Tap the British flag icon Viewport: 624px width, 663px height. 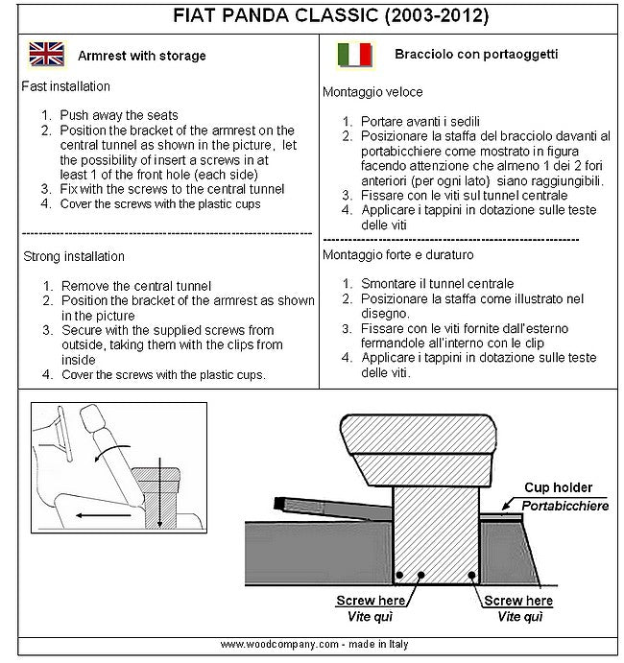(46, 54)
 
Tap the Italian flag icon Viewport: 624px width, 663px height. (354, 55)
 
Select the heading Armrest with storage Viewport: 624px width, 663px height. (142, 56)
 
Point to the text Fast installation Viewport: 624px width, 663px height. (63, 86)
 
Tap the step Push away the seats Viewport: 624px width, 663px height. (120, 115)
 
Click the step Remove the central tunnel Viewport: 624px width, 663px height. (135, 286)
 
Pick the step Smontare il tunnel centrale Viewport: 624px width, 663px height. (437, 284)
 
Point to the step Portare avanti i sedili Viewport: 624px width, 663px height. (423, 122)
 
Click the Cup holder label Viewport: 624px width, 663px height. (558, 488)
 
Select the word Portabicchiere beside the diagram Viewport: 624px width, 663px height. (564, 505)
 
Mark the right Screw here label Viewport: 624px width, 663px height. (518, 602)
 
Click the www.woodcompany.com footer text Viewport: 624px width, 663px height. (313, 645)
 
